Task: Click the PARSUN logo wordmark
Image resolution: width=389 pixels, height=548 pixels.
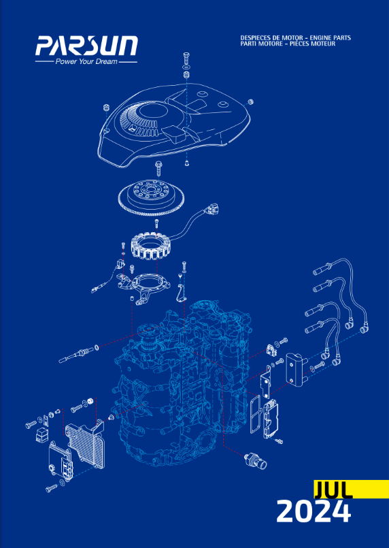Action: coord(86,46)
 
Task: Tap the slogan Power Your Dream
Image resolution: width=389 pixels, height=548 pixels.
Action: coord(86,62)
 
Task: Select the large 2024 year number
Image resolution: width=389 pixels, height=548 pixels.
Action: coord(314,511)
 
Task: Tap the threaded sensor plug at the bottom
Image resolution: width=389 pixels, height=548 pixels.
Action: coord(256,460)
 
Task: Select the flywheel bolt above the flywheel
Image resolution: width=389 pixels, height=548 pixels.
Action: coord(158,167)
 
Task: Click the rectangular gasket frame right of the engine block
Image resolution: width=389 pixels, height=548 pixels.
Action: coord(254,412)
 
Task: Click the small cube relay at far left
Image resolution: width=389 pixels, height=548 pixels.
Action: coord(41,434)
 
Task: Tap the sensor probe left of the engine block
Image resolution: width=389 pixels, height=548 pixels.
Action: coord(79,353)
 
